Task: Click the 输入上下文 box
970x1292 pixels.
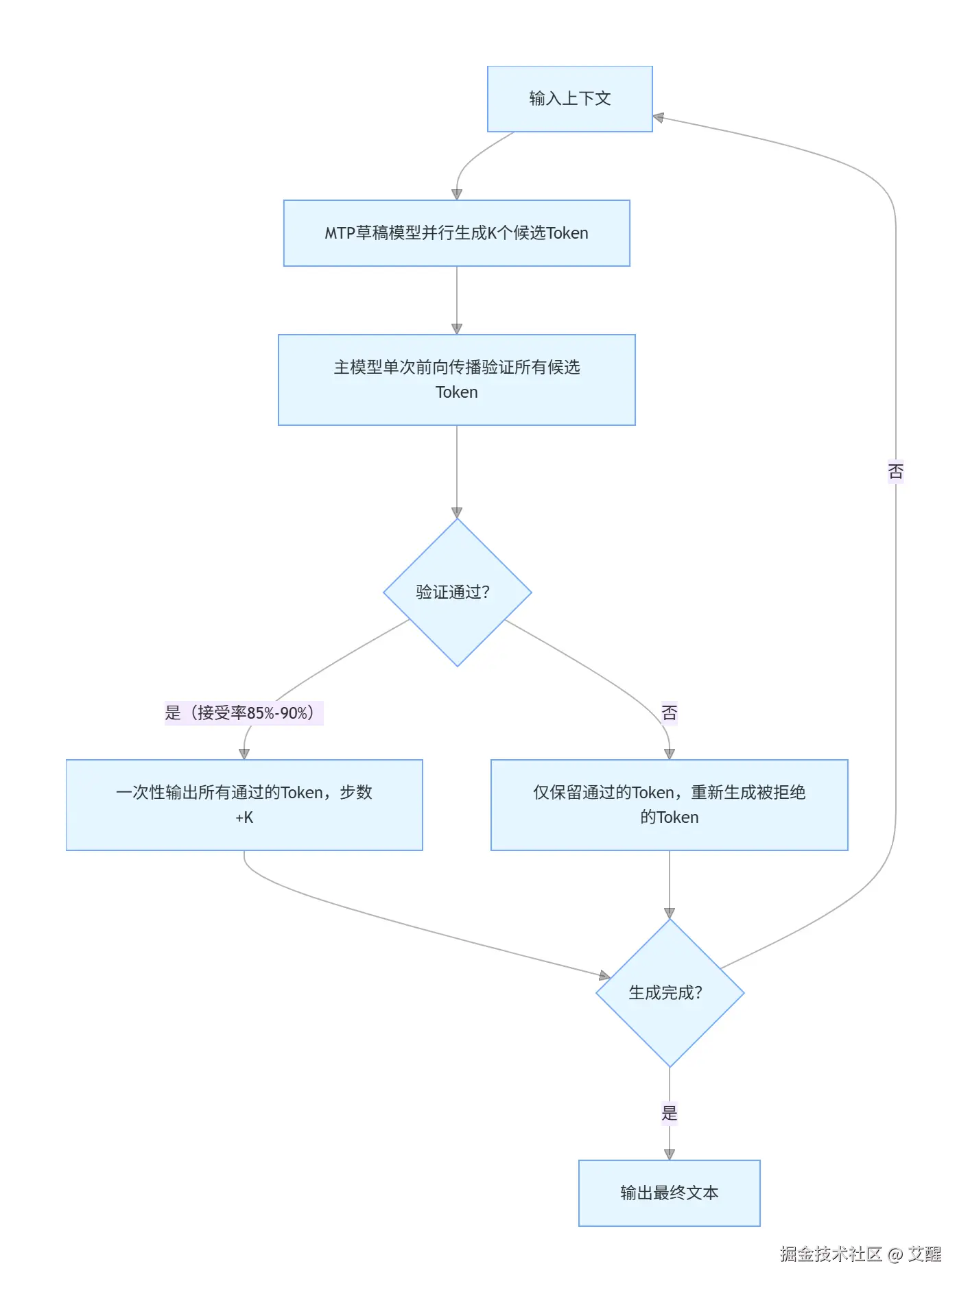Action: (x=569, y=99)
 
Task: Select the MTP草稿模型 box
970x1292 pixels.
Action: (x=456, y=233)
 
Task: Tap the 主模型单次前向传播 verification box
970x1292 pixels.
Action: (x=456, y=379)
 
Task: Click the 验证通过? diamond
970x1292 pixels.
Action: (x=457, y=592)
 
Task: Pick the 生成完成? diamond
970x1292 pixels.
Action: (x=670, y=992)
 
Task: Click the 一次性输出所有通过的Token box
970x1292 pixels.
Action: (x=244, y=804)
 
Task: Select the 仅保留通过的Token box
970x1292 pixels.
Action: (x=669, y=804)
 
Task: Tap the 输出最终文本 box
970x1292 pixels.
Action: (x=669, y=1193)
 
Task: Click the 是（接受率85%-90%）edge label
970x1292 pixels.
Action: (x=244, y=713)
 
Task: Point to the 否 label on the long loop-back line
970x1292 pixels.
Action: (x=895, y=471)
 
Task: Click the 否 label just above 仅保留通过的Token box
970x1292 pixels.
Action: (x=669, y=713)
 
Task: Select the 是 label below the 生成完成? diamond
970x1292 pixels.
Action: (x=669, y=1113)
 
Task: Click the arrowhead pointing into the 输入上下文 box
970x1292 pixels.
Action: (x=659, y=118)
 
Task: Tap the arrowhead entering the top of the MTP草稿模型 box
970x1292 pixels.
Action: (x=457, y=195)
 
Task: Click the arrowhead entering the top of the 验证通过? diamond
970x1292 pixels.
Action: (x=457, y=512)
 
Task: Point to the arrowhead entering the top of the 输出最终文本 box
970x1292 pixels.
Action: (x=670, y=1154)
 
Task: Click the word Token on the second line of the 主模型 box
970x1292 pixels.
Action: (x=456, y=392)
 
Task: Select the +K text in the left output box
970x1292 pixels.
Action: (x=244, y=817)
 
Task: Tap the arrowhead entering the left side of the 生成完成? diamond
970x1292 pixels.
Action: (x=604, y=975)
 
